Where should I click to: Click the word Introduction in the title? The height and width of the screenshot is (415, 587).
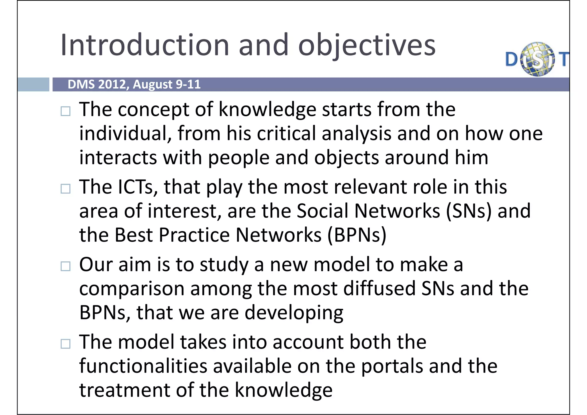point(145,45)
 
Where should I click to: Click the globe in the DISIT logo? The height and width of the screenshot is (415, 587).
point(537,59)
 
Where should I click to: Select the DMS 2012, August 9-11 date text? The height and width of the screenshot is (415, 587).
point(134,85)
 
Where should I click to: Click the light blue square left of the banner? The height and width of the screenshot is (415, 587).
point(33,85)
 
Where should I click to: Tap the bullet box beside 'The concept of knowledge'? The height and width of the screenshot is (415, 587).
point(66,111)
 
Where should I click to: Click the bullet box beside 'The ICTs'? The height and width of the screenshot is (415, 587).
point(66,189)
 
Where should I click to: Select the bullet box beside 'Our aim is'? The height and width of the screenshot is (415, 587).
point(66,266)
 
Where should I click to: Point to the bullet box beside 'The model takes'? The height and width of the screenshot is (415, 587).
point(66,344)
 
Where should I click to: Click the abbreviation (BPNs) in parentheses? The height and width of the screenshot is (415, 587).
point(357,235)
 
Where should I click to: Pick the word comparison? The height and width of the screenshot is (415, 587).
point(132,289)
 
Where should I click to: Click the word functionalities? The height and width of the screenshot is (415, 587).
point(143,366)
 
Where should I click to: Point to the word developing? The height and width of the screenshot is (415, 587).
point(294,313)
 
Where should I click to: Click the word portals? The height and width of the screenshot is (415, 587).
point(392,367)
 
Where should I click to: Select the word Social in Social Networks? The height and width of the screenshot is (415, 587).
point(322,211)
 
